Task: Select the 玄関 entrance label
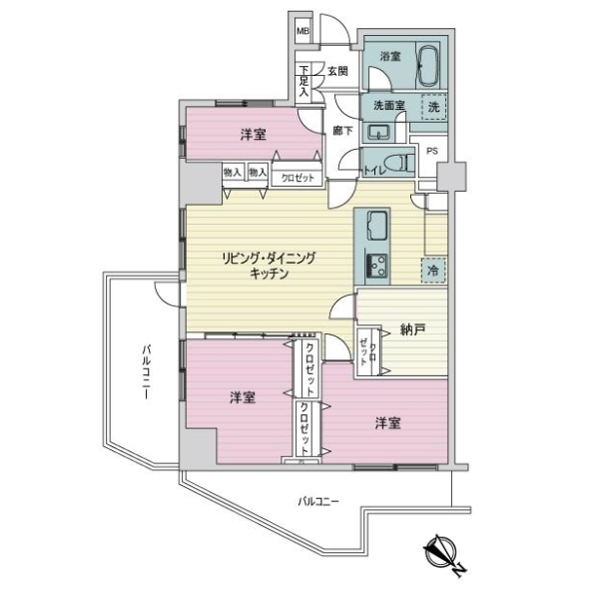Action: [337, 71]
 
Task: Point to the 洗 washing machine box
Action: [432, 106]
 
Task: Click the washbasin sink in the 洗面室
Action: [378, 132]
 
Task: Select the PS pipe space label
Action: [431, 151]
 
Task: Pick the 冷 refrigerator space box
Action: [432, 270]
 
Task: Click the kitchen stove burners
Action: [378, 267]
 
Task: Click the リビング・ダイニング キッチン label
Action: [269, 266]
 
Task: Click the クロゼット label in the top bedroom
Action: [297, 177]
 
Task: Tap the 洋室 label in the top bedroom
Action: [252, 134]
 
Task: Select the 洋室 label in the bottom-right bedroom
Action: [388, 422]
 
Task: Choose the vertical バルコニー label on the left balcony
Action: [146, 371]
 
